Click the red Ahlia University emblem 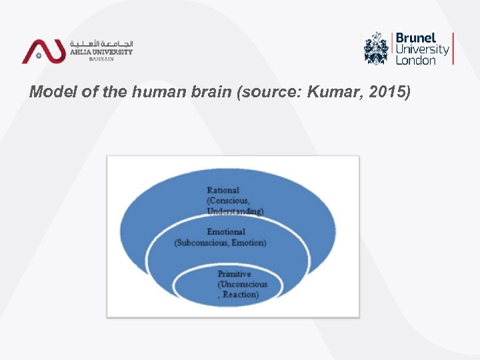(x=43, y=51)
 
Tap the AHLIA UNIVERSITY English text (x=101, y=52)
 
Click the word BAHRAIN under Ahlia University (x=101, y=59)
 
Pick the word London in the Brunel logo (x=415, y=60)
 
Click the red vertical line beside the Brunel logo (x=453, y=48)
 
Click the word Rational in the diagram (x=223, y=191)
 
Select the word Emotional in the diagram (x=226, y=232)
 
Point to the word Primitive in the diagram (x=234, y=274)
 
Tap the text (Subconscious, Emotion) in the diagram (x=220, y=243)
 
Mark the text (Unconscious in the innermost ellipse (x=242, y=284)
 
